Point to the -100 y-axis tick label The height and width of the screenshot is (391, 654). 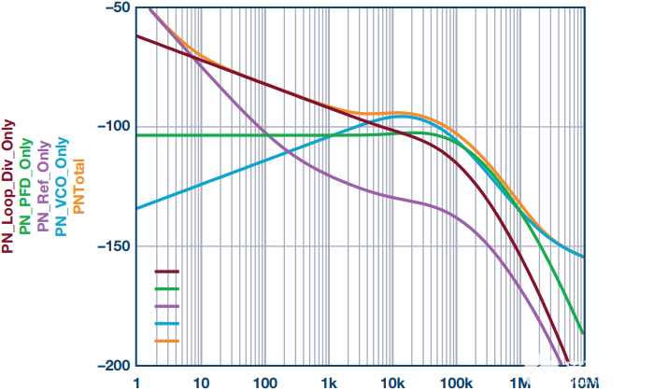pos(112,126)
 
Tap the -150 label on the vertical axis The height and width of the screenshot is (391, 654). pos(112,246)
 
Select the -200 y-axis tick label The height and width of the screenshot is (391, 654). pos(112,366)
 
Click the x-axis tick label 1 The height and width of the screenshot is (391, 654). pos(136,383)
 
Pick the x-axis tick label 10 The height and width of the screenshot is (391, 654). pos(201,383)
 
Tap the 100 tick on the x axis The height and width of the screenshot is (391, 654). pos(264,383)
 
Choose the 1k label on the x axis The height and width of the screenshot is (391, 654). pos(329,383)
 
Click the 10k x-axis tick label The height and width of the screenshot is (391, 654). pos(392,383)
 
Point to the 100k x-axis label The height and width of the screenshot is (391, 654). pos(457,383)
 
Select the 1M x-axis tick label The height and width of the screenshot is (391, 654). pos(520,383)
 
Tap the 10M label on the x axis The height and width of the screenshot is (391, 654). pos(584,383)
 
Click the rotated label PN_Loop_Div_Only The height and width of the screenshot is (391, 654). pos(7,187)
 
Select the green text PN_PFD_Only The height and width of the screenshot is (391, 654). pos(25,186)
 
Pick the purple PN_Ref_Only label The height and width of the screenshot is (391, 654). pos(43,187)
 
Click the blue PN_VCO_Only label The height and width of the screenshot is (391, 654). pos(62,187)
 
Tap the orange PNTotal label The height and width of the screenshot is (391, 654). pos(78,187)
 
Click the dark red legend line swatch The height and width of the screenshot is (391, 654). pos(167,272)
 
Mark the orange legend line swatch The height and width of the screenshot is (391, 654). pos(167,341)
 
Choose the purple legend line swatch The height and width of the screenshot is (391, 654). pos(167,306)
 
